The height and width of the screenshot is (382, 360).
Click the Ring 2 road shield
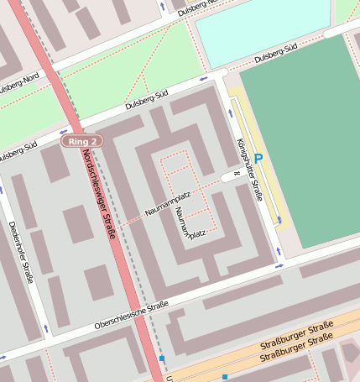pyautogui.click(x=81, y=141)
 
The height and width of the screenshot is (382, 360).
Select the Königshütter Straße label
pyautogui.click(x=251, y=170)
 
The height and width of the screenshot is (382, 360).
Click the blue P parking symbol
pyautogui.click(x=258, y=158)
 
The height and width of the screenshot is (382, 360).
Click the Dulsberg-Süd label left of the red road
pyautogui.click(x=17, y=154)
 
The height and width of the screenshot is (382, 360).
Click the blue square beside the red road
pyautogui.click(x=161, y=358)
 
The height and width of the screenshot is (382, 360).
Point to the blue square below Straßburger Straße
pyautogui.click(x=225, y=377)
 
